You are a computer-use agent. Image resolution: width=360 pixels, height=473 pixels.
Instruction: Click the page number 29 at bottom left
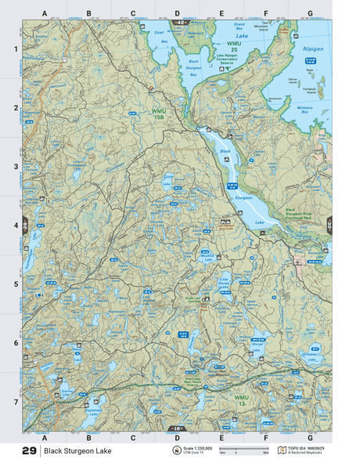tap(28, 451)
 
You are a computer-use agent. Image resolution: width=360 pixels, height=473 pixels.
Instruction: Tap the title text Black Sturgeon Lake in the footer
tap(77, 451)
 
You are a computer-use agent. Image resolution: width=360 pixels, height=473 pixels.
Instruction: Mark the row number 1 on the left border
tap(15, 49)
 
